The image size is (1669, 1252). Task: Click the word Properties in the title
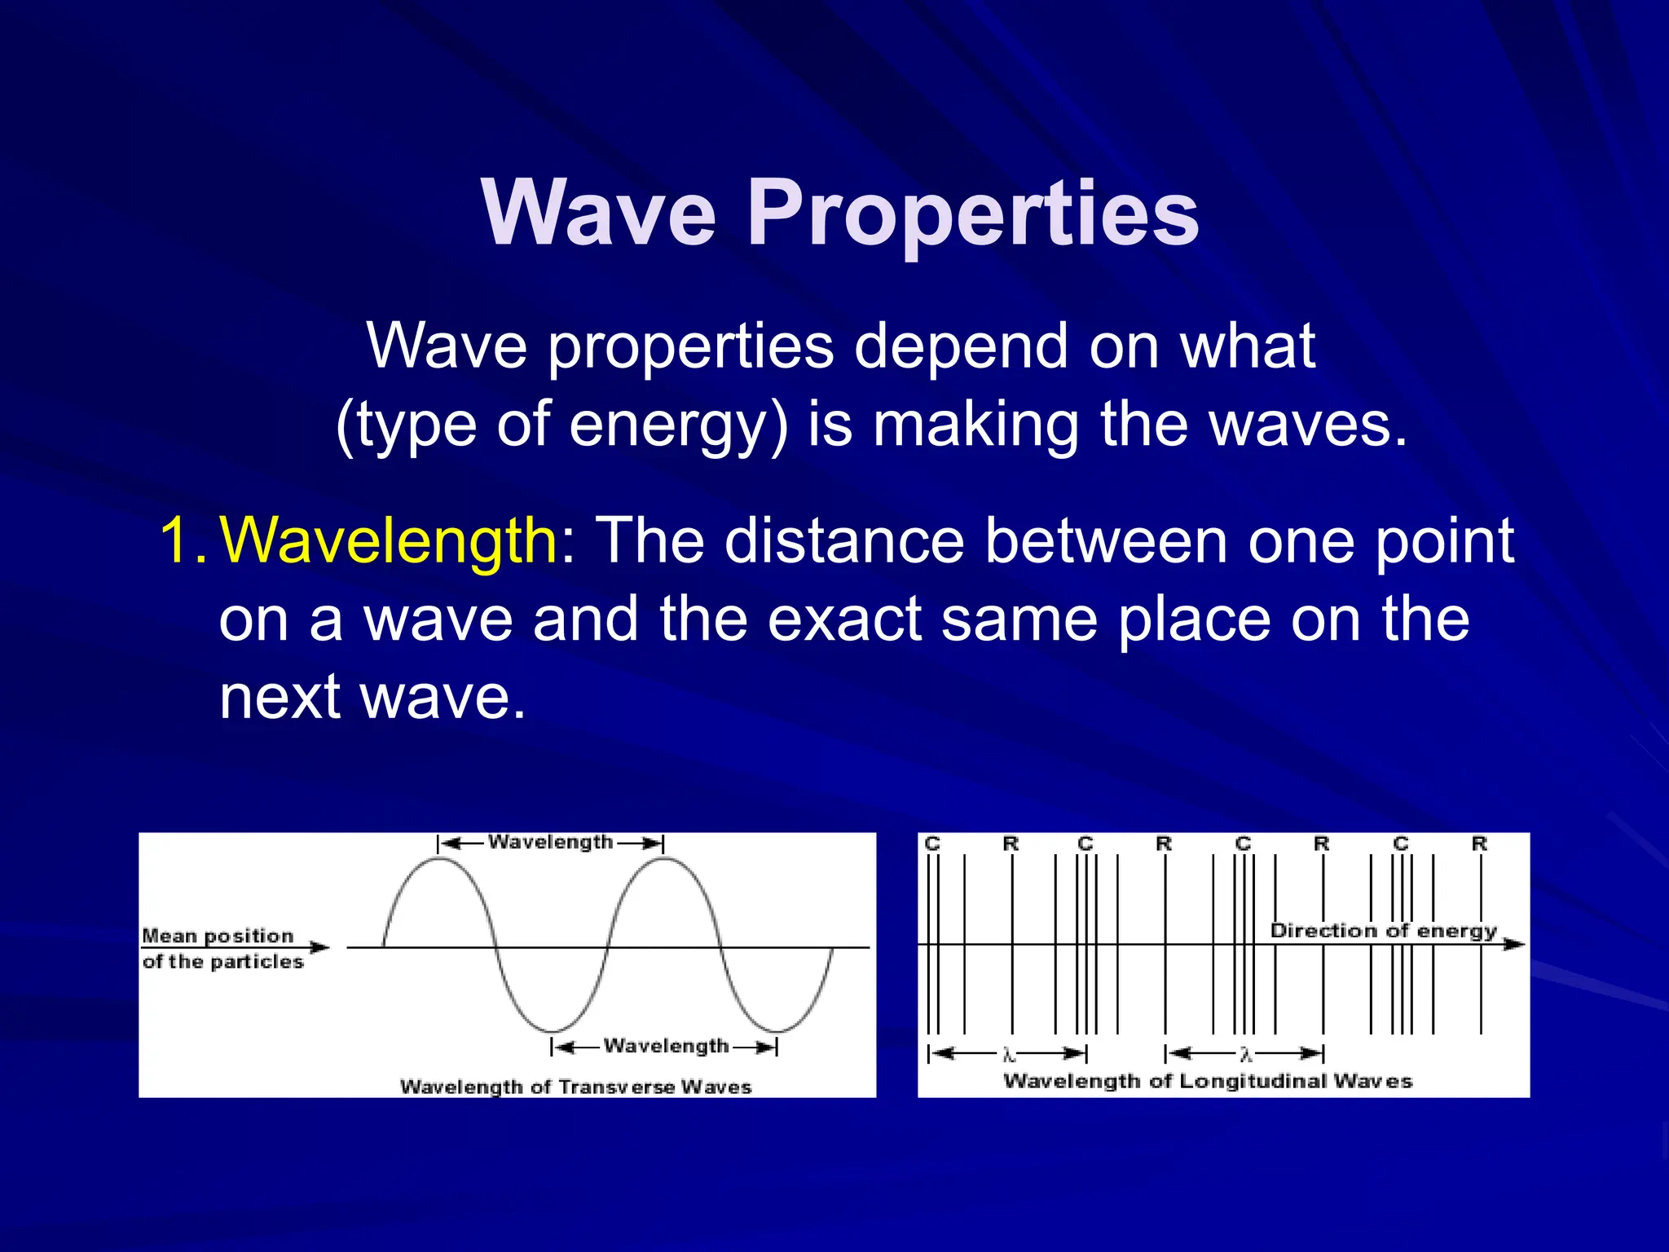pyautogui.click(x=973, y=214)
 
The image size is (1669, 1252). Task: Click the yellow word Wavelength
pyautogui.click(x=389, y=540)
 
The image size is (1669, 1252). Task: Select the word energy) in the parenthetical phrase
pyautogui.click(x=679, y=425)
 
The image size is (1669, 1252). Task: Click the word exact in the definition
pyautogui.click(x=845, y=619)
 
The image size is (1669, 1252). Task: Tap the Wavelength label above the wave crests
pyautogui.click(x=550, y=842)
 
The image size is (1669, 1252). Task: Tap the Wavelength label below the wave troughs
pyautogui.click(x=666, y=1046)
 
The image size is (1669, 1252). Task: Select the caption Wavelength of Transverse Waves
pyautogui.click(x=575, y=1087)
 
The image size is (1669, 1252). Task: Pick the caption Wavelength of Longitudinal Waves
pyautogui.click(x=1208, y=1082)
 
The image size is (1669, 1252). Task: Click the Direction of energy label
pyautogui.click(x=1383, y=930)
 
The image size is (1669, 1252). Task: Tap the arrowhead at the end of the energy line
pyautogui.click(x=1513, y=945)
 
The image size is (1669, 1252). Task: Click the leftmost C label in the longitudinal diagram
pyautogui.click(x=932, y=844)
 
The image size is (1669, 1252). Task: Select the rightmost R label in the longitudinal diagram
pyautogui.click(x=1479, y=844)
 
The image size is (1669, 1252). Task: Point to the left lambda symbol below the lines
pyautogui.click(x=1010, y=1056)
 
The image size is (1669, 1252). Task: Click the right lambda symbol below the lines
pyautogui.click(x=1245, y=1056)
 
